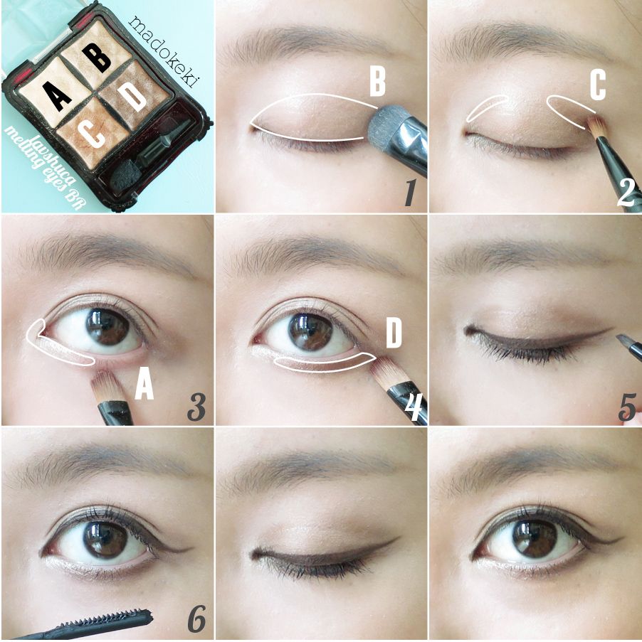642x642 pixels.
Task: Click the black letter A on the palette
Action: click(x=58, y=96)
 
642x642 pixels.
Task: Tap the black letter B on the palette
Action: click(x=96, y=58)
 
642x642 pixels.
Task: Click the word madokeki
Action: click(x=162, y=51)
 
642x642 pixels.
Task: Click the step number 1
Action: click(x=410, y=192)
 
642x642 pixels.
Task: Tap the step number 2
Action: click(x=626, y=192)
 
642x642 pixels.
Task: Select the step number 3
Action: click(x=196, y=406)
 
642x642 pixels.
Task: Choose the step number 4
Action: click(x=414, y=407)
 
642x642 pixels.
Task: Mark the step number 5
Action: click(x=627, y=407)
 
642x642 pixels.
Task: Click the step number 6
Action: click(x=196, y=618)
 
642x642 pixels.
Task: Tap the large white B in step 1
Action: click(x=377, y=82)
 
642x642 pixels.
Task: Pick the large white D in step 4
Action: click(x=394, y=333)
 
